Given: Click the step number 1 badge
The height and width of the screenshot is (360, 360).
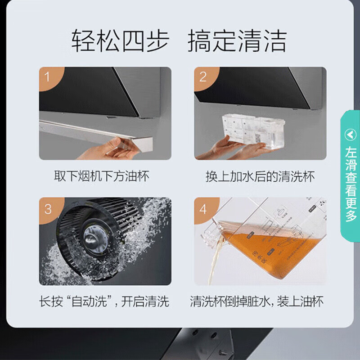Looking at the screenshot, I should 47,76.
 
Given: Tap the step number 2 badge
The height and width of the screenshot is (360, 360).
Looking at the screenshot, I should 203,76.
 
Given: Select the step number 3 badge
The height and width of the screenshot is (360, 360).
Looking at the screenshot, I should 48,208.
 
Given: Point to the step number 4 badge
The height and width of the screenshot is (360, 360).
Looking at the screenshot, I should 203,208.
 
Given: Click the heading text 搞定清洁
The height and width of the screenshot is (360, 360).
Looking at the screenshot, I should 237,41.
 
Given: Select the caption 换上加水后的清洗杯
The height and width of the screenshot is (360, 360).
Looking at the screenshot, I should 260,176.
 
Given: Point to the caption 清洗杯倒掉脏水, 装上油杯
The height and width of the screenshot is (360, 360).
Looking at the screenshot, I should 257,301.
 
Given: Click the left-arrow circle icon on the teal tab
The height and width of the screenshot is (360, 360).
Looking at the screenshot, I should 351,134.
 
